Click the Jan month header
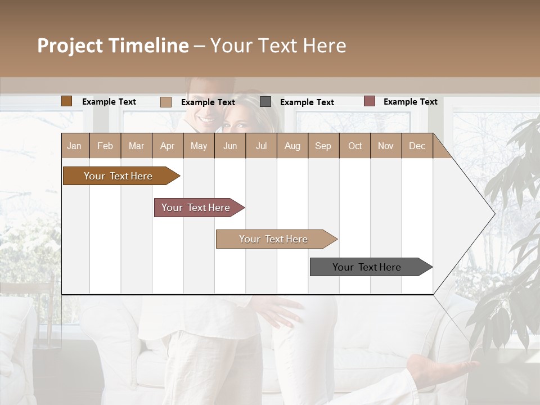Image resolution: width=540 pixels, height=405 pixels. click(74, 146)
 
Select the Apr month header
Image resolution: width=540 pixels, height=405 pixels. click(168, 146)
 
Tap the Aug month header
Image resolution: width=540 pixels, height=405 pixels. click(292, 146)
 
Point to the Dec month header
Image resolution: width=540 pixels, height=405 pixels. click(417, 146)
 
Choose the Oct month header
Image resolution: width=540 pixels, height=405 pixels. click(355, 146)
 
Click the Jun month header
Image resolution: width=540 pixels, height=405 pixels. click(230, 146)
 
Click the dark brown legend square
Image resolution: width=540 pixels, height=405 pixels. click(66, 101)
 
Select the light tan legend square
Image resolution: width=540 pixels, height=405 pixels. click(166, 102)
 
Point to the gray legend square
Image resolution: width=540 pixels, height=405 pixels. click(265, 102)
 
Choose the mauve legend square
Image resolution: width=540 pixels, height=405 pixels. click(369, 101)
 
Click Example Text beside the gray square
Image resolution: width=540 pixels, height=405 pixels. click(307, 102)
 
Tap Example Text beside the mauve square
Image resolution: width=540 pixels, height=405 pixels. click(410, 102)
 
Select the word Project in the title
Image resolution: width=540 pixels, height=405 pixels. click(70, 46)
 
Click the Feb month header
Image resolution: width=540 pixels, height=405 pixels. click(105, 146)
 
